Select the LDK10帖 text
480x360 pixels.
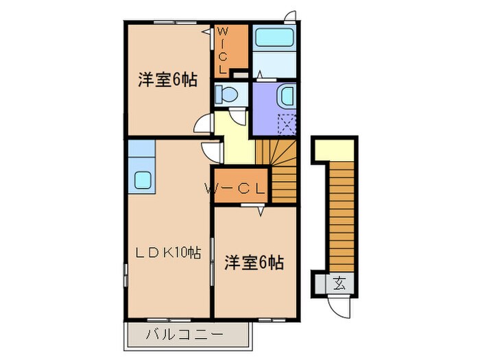(168, 253)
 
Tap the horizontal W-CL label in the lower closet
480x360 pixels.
(237, 188)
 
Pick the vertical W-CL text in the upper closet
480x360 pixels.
(224, 50)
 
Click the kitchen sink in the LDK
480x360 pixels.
(143, 180)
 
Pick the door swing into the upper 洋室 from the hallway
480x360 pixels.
(204, 124)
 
